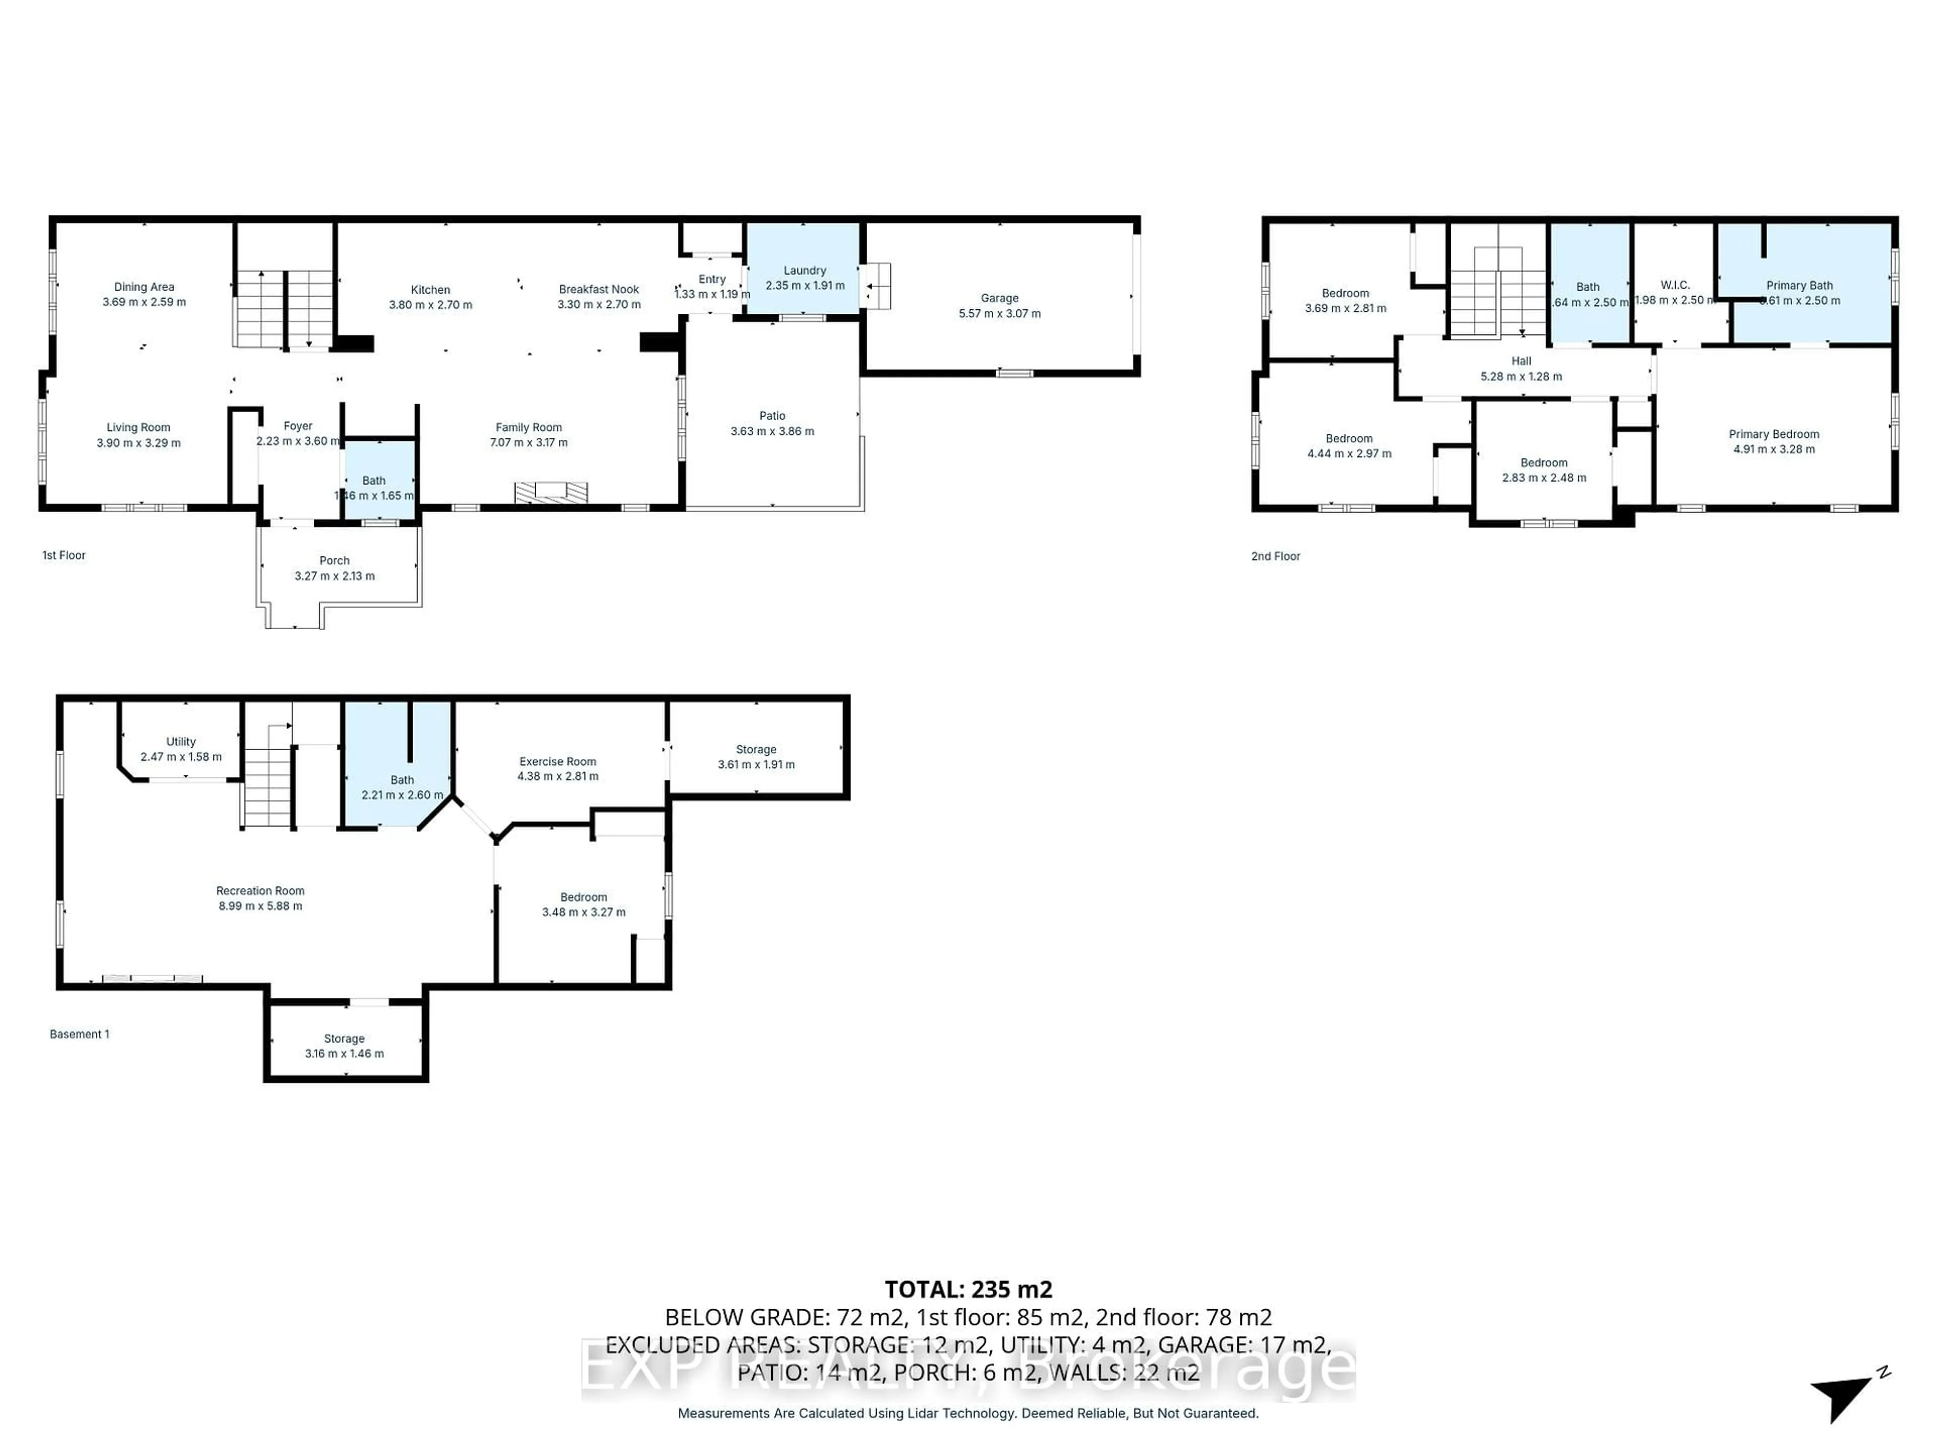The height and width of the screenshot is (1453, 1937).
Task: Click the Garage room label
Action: click(x=999, y=298)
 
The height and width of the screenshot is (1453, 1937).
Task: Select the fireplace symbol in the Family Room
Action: click(x=551, y=492)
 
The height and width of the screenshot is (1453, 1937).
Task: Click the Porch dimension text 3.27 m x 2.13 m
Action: click(x=334, y=576)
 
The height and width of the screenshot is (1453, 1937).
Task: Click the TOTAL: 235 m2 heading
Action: click(x=967, y=1289)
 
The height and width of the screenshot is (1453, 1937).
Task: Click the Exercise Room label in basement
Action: click(x=557, y=762)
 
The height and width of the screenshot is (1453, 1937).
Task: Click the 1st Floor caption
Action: click(x=64, y=555)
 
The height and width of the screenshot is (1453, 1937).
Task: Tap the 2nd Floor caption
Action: click(x=1275, y=556)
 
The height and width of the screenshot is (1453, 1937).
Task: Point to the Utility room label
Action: click(x=181, y=742)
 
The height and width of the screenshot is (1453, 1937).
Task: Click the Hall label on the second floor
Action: click(x=1521, y=361)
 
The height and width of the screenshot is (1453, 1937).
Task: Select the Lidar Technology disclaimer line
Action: click(x=967, y=1413)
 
